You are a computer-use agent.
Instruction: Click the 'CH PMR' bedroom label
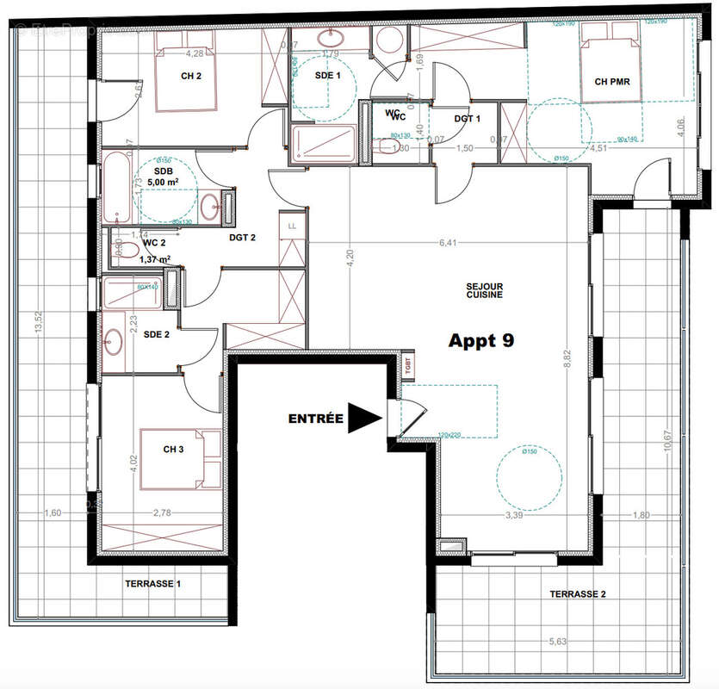[x=613, y=83]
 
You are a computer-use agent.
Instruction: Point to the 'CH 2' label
[x=191, y=76]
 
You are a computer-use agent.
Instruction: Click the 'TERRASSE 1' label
[x=155, y=584]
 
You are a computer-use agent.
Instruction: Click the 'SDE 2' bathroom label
[x=156, y=334]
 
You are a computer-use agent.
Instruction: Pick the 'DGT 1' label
[x=468, y=119]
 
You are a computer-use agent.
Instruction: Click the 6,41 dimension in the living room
[x=447, y=243]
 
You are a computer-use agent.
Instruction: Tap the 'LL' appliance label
[x=292, y=226]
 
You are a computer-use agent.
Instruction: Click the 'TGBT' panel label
[x=407, y=364]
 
